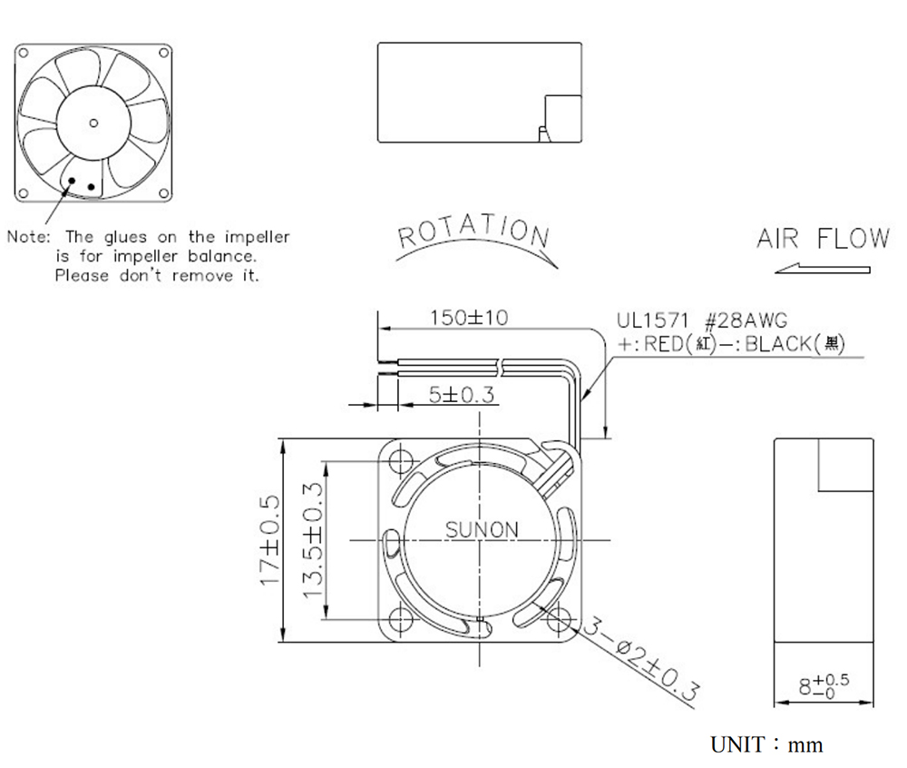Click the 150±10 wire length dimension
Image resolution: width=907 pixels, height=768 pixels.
(x=469, y=317)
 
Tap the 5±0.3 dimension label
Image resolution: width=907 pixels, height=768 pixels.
(x=462, y=395)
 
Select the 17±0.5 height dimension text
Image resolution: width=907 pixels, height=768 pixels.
(x=270, y=540)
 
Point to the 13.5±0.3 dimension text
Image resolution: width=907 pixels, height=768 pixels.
(x=312, y=540)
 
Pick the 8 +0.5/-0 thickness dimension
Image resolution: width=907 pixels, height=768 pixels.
(x=824, y=685)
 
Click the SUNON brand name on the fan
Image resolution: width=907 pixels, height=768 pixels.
(x=482, y=529)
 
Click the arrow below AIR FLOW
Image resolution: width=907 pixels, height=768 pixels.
(x=822, y=269)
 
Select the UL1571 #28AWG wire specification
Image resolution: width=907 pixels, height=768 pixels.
(x=702, y=320)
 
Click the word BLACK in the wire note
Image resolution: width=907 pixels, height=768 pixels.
(x=778, y=344)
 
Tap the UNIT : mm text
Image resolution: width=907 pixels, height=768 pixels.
(x=766, y=744)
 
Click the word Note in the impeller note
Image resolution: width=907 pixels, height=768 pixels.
(x=29, y=237)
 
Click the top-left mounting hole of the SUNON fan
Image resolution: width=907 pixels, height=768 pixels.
(x=400, y=460)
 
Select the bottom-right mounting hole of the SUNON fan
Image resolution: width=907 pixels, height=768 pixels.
(x=558, y=619)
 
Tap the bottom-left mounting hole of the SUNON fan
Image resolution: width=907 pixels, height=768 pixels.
(x=400, y=619)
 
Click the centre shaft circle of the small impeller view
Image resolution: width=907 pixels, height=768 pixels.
(x=93, y=123)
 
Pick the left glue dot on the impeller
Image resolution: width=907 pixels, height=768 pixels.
(x=72, y=181)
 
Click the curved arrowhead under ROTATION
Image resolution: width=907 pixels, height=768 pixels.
(x=551, y=263)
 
